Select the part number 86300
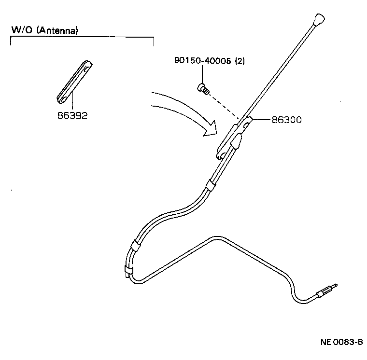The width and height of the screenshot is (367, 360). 286,120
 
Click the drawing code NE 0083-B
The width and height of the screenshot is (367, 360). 341,342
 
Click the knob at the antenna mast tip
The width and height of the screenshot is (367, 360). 318,20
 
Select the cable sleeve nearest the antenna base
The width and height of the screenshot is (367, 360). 211,184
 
